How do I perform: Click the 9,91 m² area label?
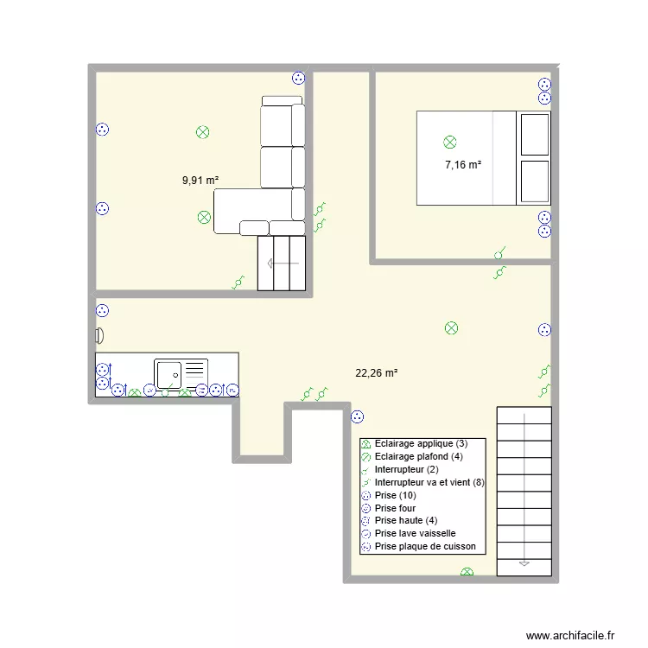pyautogui.click(x=200, y=181)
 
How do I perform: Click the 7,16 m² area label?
pyautogui.click(x=463, y=164)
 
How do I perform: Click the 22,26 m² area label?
pyautogui.click(x=376, y=373)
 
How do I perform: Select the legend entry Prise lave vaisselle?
pyautogui.click(x=415, y=533)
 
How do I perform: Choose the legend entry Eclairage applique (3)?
pyautogui.click(x=420, y=443)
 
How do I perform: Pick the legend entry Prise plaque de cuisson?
pyautogui.click(x=424, y=546)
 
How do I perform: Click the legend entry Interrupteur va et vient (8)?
pyautogui.click(x=429, y=482)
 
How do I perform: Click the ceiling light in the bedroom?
pyautogui.click(x=449, y=142)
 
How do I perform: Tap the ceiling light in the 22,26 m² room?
pyautogui.click(x=450, y=327)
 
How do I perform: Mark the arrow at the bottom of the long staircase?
pyautogui.click(x=524, y=562)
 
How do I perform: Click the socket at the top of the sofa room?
pyautogui.click(x=299, y=77)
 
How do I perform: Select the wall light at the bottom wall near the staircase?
pyautogui.click(x=467, y=572)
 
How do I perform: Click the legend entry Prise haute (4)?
pyautogui.click(x=405, y=521)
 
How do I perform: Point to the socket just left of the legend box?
pyautogui.click(x=357, y=418)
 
